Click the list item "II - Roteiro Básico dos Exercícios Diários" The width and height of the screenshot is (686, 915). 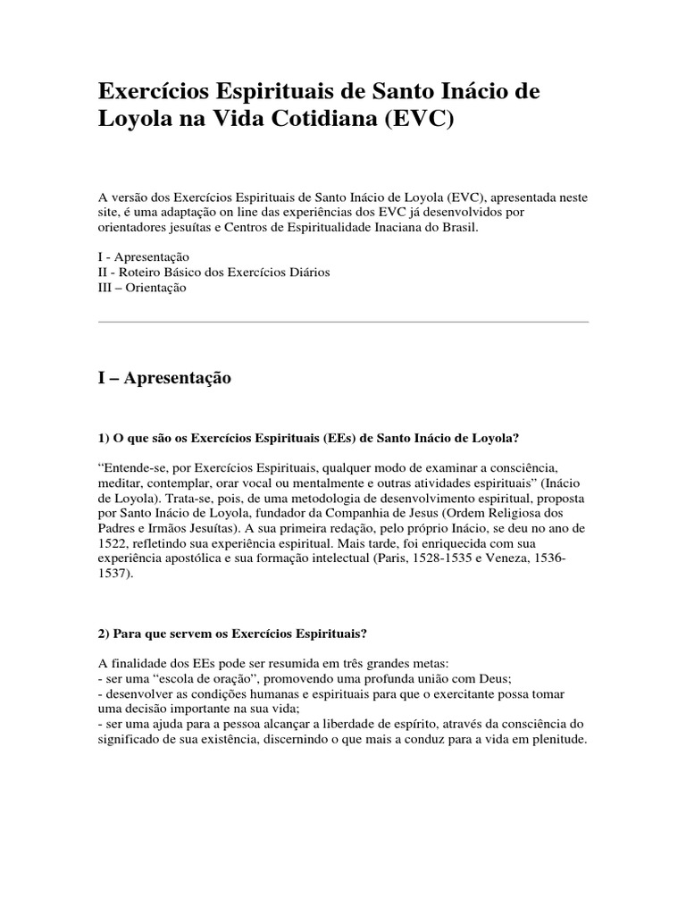click(213, 272)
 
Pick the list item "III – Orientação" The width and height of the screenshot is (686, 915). click(142, 288)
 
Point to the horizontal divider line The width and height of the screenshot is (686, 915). click(343, 322)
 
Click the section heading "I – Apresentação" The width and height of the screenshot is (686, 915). click(164, 379)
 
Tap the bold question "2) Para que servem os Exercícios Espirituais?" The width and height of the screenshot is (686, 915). click(231, 634)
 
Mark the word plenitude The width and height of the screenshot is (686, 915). click(557, 741)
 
